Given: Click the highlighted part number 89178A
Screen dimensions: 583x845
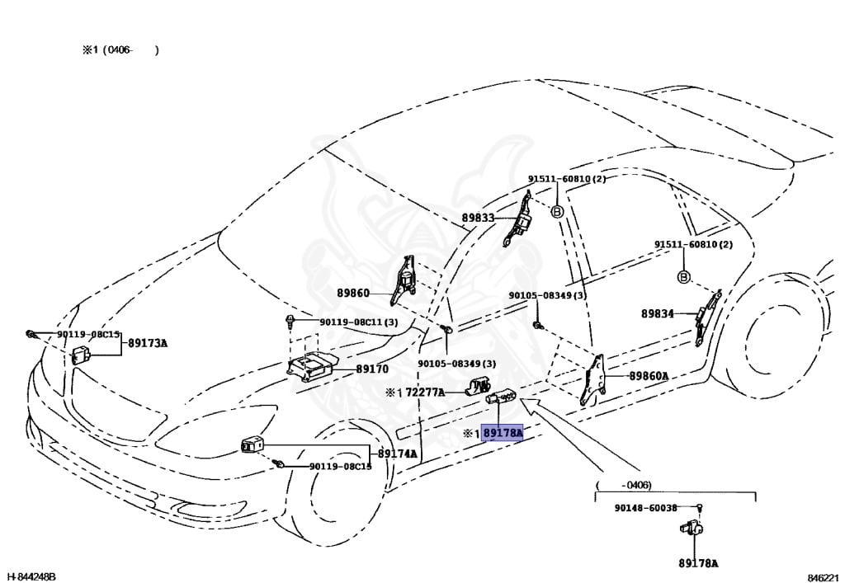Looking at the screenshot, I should (x=503, y=432).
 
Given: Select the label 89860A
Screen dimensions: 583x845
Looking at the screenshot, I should (x=649, y=376).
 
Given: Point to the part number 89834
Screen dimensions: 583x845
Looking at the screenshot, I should (x=657, y=313).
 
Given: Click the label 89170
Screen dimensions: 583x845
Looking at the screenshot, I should (x=372, y=370).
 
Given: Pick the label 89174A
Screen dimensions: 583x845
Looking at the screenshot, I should (x=398, y=454).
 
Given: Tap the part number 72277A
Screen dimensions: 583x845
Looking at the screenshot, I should (x=426, y=393).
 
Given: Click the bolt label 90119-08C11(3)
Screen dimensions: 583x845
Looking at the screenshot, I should (x=357, y=321).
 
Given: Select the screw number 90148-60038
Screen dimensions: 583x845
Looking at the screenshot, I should (x=645, y=509).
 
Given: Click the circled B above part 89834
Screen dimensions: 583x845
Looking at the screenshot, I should (x=683, y=277).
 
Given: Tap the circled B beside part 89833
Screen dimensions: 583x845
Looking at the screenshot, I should (x=557, y=211).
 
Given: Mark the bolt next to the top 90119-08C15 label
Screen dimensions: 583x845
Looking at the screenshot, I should (x=30, y=334).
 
